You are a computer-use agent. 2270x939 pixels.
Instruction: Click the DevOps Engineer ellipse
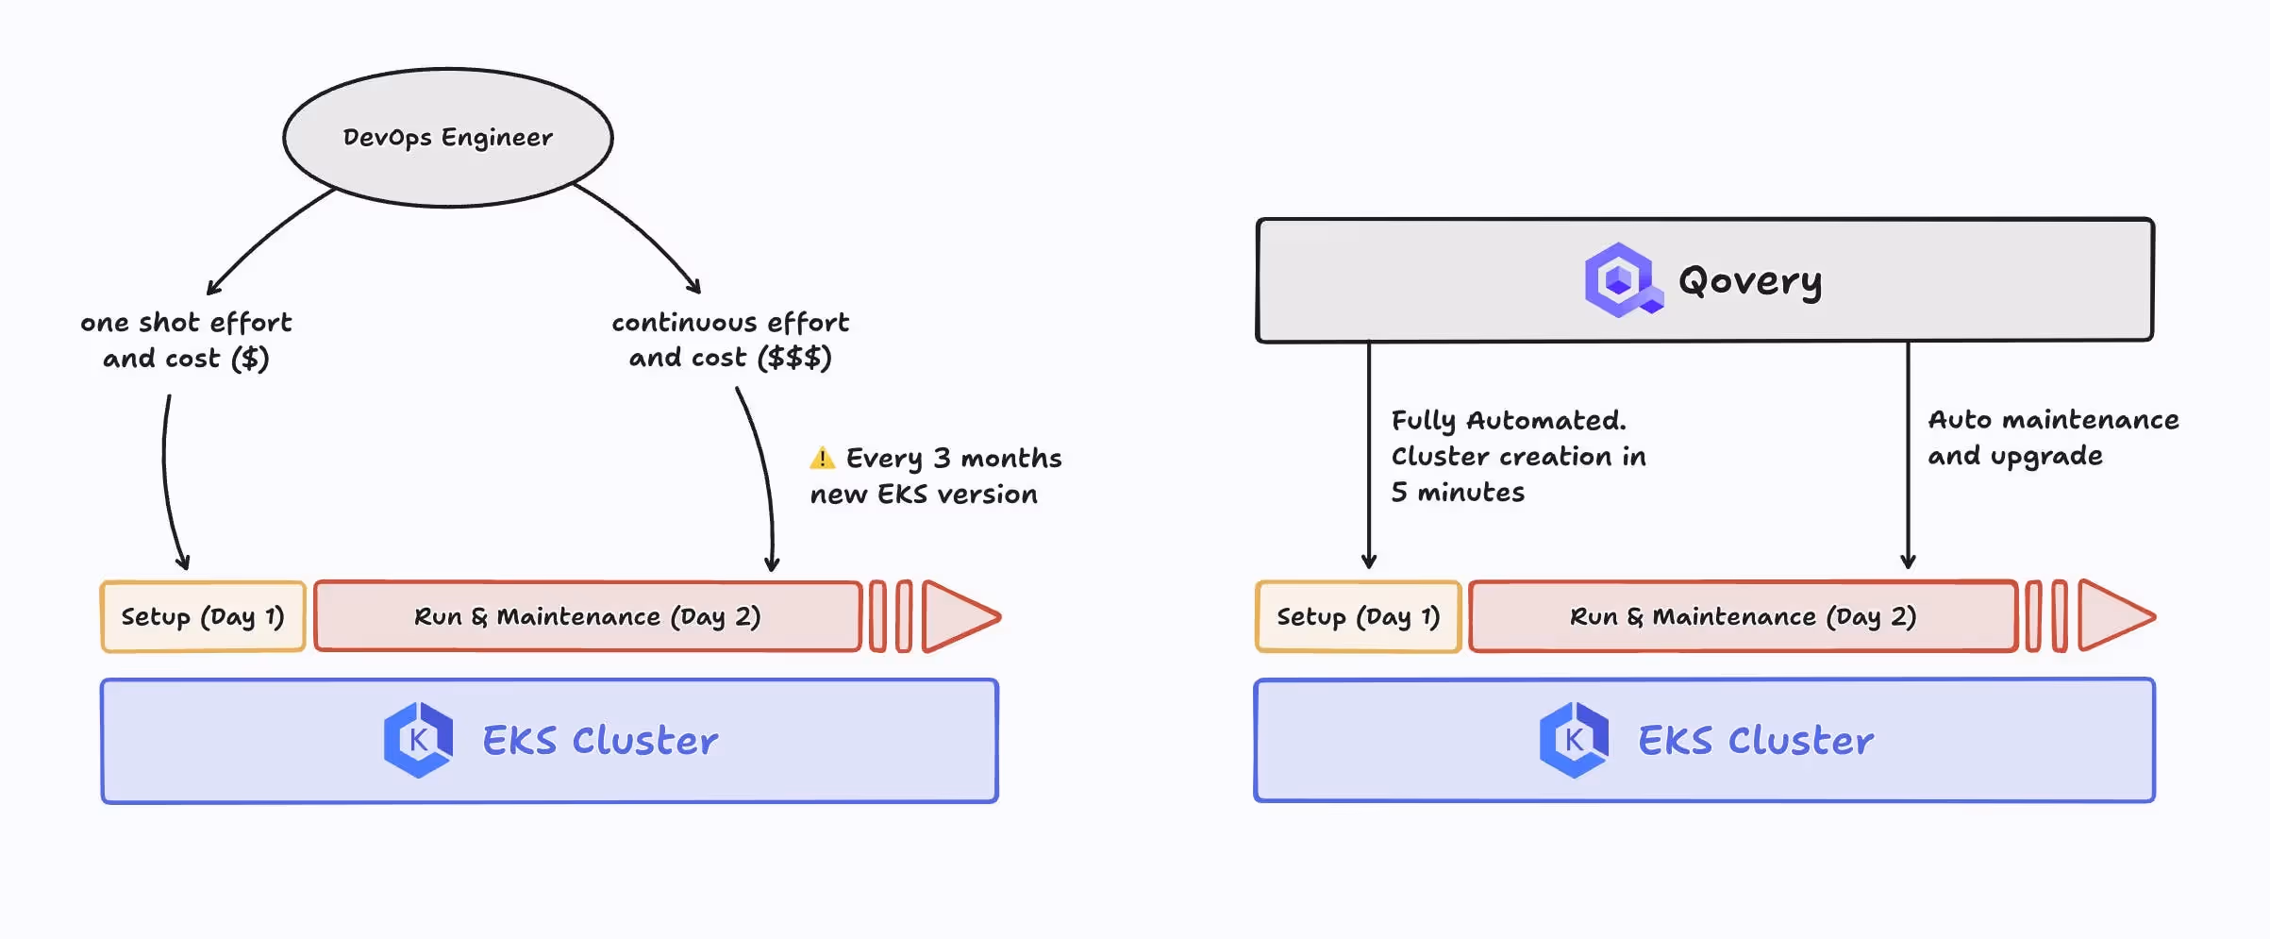coord(448,138)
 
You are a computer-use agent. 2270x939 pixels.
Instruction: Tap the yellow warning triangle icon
coord(822,459)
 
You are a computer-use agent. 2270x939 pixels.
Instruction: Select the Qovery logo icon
coord(1620,280)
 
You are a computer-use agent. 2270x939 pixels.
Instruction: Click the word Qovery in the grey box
coord(1750,280)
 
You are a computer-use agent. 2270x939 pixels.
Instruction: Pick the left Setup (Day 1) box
coord(203,617)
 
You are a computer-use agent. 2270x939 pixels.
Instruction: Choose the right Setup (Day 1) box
coord(1358,617)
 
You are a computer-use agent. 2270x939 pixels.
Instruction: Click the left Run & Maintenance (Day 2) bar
coord(587,617)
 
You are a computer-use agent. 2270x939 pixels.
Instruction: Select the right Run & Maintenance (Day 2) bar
coord(1743,617)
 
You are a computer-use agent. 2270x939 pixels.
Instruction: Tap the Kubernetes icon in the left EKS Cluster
coord(418,740)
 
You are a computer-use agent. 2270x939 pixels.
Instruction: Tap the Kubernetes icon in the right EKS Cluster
coord(1574,740)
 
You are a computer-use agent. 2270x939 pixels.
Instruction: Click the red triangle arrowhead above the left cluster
coord(957,617)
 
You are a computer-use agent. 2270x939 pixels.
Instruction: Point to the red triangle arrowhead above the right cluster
coord(2112,617)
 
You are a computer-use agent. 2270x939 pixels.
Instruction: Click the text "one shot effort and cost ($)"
coord(186,341)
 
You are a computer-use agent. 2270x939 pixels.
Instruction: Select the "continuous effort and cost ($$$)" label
coord(730,340)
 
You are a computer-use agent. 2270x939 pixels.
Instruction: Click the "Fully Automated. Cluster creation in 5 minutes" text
coord(1518,457)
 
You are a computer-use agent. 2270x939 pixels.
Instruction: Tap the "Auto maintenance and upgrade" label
coord(2052,438)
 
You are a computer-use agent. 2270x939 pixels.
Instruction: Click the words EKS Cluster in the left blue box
coord(600,741)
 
